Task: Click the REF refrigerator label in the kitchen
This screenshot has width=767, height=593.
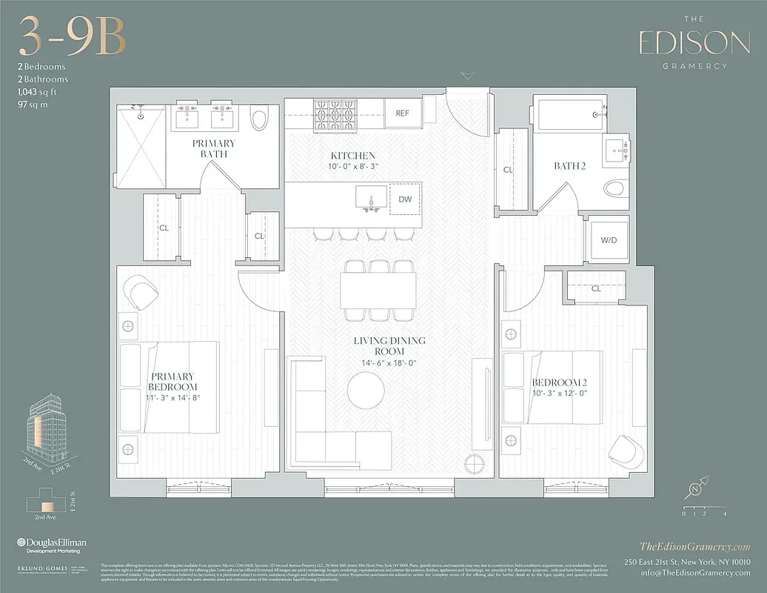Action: point(403,113)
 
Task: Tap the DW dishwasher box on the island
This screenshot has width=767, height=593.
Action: point(404,199)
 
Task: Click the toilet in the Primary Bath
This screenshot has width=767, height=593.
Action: point(258,119)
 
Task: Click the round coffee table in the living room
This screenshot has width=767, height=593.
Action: point(366,389)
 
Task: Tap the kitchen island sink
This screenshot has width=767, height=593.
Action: point(368,198)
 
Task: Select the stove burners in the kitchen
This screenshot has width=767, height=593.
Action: point(335,113)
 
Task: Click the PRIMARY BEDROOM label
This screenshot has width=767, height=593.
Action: point(172,381)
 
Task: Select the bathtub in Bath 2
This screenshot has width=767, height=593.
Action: point(566,117)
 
